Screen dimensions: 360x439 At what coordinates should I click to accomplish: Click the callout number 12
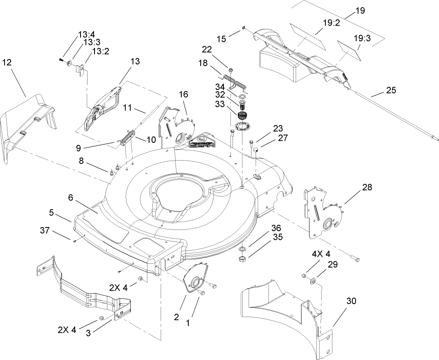pos(7,62)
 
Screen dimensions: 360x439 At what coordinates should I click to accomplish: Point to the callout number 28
pos(367,187)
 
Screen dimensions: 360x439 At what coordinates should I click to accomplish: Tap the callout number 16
pos(183,95)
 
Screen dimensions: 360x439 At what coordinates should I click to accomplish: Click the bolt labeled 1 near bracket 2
pos(202,292)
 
